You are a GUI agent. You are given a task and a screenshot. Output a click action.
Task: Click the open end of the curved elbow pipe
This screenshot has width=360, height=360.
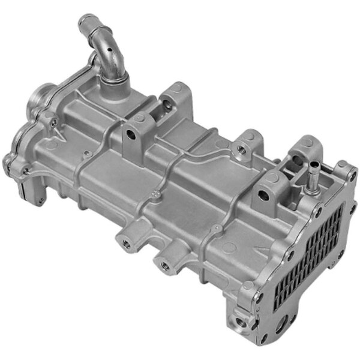pyautogui.click(x=85, y=22)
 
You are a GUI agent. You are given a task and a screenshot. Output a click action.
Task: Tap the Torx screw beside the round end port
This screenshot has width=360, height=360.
pyautogui.click(x=55, y=122)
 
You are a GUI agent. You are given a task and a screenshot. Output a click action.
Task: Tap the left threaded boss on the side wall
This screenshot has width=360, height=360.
pyautogui.click(x=127, y=243)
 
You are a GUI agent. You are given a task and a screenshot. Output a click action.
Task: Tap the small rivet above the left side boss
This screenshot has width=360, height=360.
pyautogui.click(x=157, y=194)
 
